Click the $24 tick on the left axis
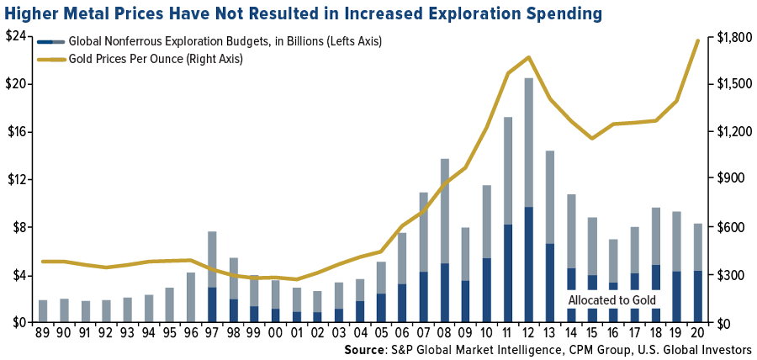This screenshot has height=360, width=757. coord(18,37)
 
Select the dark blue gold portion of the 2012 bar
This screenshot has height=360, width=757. coord(528,265)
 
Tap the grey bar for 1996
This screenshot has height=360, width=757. coord(191,297)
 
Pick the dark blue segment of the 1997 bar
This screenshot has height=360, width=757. coord(212,304)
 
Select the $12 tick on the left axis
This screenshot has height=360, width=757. coord(18,179)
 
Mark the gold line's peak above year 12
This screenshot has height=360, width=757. coord(528,57)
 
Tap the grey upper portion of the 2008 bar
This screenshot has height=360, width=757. coord(444,210)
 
